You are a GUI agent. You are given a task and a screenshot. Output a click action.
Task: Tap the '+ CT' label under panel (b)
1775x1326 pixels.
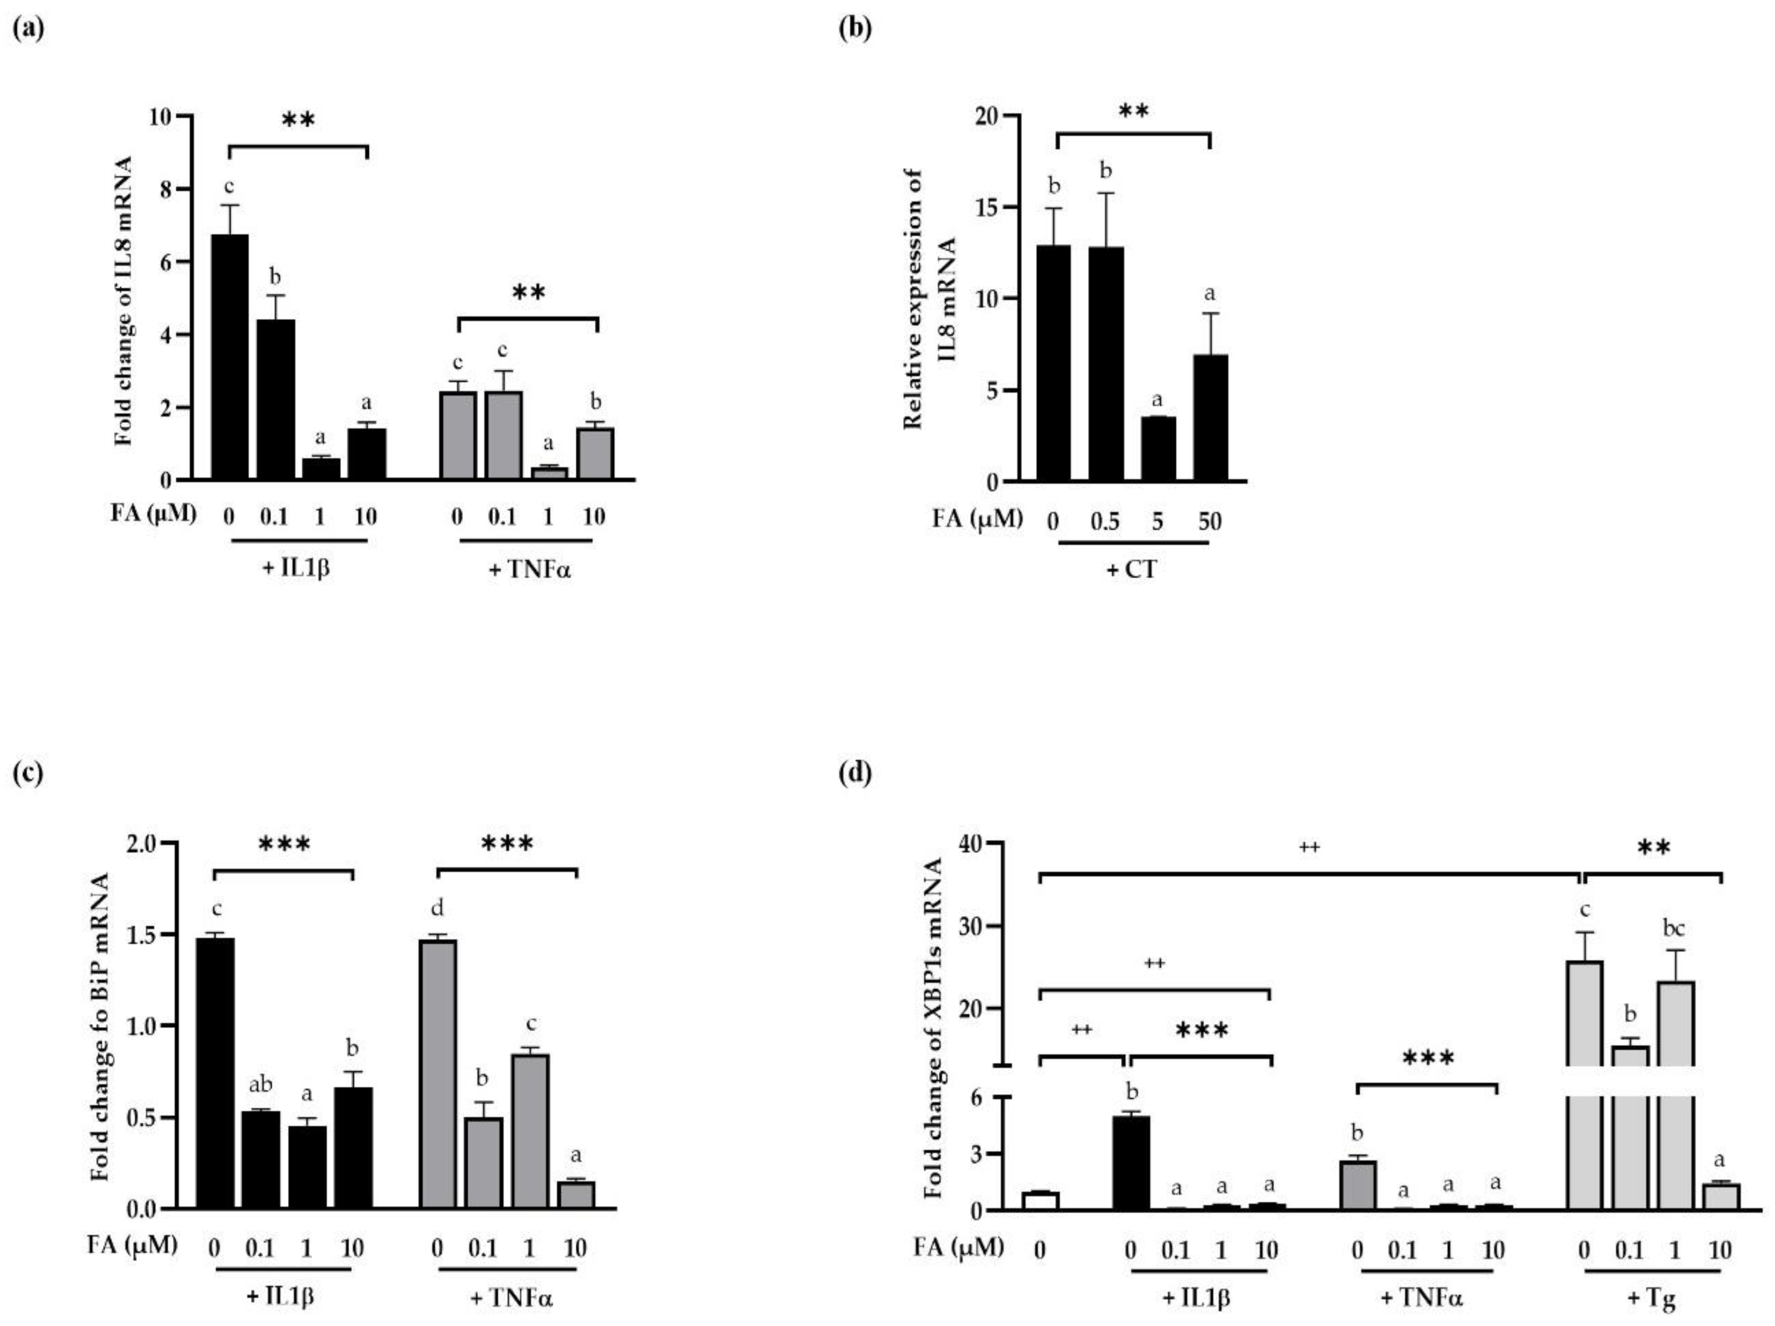(x=1132, y=570)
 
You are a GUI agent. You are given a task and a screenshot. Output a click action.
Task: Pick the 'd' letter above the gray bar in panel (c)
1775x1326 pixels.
(x=437, y=908)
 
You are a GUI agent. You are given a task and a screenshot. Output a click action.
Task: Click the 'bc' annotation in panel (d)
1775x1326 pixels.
(x=1674, y=929)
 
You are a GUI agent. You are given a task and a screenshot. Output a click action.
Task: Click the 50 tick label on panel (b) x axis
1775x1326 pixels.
(x=1209, y=522)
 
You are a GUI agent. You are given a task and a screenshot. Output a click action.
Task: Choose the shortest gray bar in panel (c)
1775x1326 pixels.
(x=575, y=1194)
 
